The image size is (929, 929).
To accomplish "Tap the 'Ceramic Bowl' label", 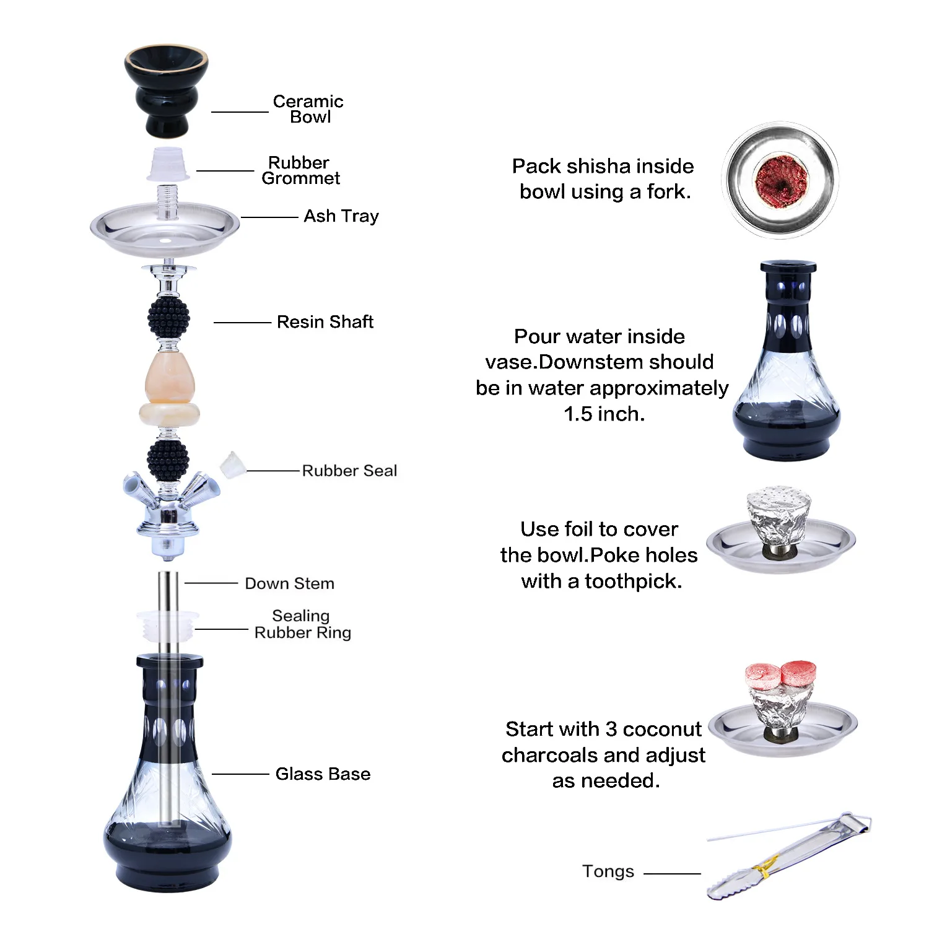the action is [x=308, y=109].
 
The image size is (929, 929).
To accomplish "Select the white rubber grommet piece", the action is [x=167, y=164].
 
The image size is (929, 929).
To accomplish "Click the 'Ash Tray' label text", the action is [x=341, y=216].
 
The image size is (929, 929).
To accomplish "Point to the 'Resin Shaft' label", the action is [x=325, y=322].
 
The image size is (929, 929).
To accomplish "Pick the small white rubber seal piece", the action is [x=232, y=465].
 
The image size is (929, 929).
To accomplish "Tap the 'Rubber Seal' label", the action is [x=349, y=471].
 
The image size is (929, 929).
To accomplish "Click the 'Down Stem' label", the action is [x=290, y=583].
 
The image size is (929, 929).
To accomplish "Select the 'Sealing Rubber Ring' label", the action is [x=303, y=624].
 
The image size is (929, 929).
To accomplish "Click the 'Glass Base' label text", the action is [x=323, y=774].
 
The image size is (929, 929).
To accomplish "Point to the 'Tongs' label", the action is [x=608, y=872].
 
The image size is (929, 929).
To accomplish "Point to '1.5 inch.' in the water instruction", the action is [x=604, y=414].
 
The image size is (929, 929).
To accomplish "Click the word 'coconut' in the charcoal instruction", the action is [x=662, y=730].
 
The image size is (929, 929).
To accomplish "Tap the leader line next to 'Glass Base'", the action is [x=240, y=774].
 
